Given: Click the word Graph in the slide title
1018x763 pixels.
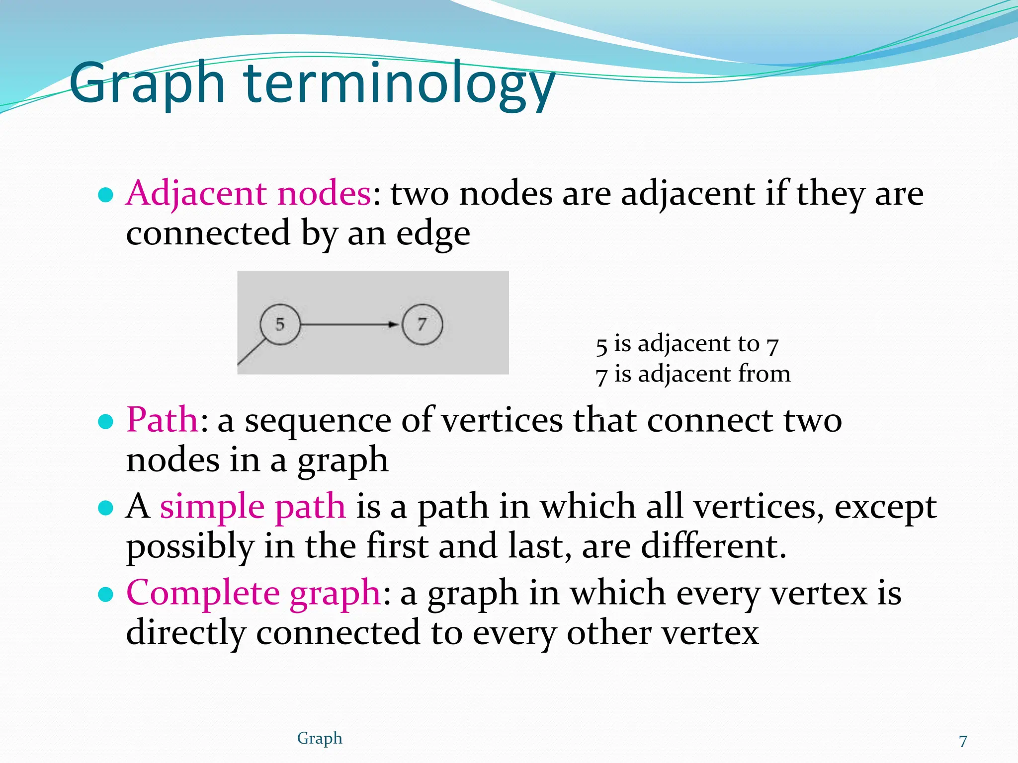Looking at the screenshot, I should [147, 84].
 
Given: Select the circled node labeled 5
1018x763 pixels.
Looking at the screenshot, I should [280, 324].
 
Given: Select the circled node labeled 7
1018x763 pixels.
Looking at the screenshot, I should [422, 324].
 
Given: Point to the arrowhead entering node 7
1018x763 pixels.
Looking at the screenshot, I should [394, 324].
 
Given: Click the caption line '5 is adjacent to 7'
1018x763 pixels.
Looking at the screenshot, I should [687, 344].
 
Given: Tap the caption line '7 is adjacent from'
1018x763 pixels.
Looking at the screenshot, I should [693, 374].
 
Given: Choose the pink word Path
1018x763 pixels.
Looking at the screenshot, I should [163, 420].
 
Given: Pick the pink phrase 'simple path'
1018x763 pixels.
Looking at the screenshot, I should [253, 506].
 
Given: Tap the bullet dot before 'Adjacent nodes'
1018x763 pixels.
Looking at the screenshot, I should [105, 195].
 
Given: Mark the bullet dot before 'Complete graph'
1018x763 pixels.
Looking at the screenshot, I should [105, 594].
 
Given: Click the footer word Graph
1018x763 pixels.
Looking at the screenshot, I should [320, 738].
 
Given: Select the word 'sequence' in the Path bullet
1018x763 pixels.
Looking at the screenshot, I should [318, 420].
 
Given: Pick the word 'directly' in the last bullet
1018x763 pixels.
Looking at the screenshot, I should [186, 632].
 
